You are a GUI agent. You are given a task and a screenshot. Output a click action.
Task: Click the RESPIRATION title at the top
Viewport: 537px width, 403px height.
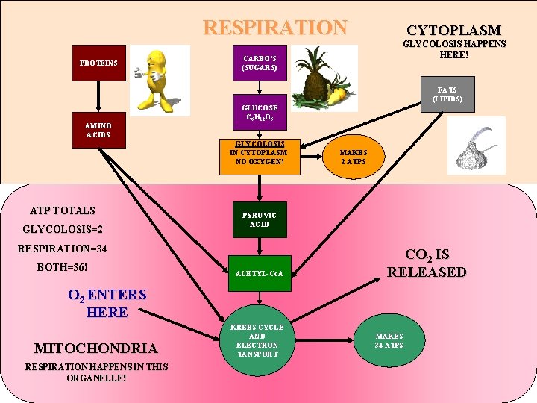click(x=275, y=28)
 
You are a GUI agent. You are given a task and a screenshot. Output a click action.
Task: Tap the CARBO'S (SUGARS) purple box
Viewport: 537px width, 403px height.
click(x=259, y=63)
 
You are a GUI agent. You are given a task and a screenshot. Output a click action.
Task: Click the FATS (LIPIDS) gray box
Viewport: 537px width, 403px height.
click(x=446, y=94)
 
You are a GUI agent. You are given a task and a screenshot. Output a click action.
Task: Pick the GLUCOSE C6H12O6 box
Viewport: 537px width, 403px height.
click(x=259, y=113)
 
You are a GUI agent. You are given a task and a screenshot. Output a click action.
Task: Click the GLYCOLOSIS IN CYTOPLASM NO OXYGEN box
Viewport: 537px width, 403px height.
click(x=259, y=157)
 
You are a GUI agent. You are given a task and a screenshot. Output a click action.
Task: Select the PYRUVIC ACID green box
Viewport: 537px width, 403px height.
click(x=259, y=219)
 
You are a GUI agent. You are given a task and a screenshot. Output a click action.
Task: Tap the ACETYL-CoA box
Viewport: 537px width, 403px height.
click(x=259, y=273)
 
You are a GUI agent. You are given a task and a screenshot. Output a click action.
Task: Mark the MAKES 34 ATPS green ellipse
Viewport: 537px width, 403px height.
click(x=389, y=340)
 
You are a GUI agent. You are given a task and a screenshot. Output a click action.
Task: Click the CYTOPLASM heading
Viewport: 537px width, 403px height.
click(x=453, y=31)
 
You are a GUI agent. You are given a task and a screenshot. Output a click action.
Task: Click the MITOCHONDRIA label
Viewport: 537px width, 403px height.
click(x=95, y=348)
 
